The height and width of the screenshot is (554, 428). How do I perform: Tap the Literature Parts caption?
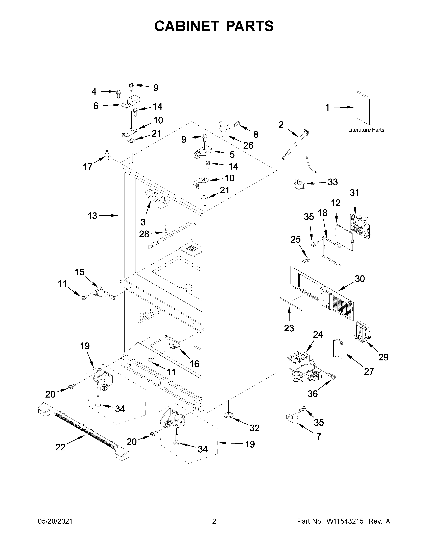pos(366,130)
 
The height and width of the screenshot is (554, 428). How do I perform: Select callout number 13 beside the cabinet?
pos(92,216)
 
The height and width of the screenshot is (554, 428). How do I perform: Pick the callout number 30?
pos(360,279)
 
